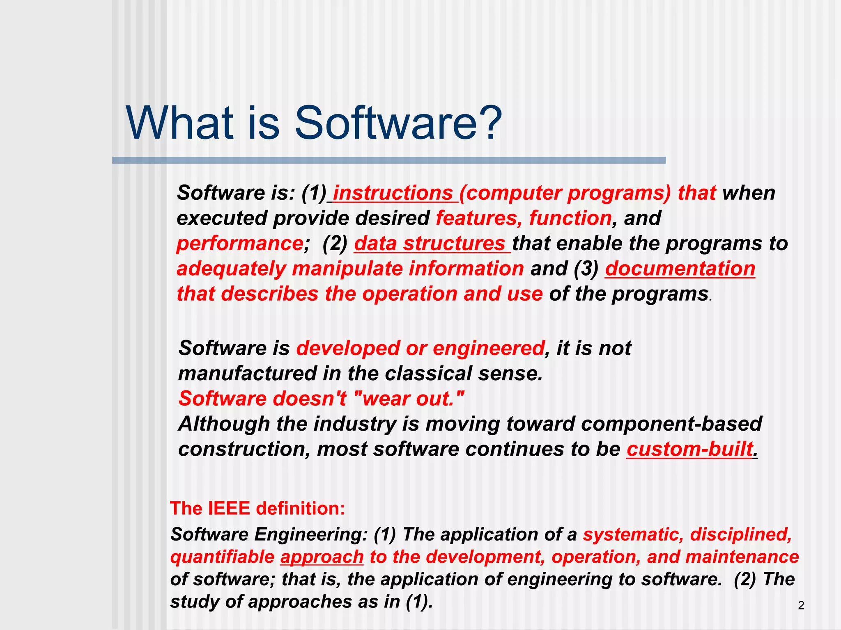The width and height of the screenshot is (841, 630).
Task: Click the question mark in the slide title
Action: tap(488, 123)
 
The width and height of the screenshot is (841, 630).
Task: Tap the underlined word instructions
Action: tap(393, 193)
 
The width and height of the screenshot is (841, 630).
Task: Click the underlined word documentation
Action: tap(680, 269)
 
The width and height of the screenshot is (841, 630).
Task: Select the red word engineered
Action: tap(489, 348)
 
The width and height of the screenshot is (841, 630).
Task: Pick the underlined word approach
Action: tap(322, 557)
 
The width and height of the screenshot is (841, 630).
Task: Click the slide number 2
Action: tap(801, 605)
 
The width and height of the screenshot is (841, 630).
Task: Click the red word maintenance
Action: tap(742, 557)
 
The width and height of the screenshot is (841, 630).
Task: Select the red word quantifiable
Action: tap(222, 557)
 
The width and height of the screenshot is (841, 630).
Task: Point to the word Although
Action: tap(224, 424)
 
